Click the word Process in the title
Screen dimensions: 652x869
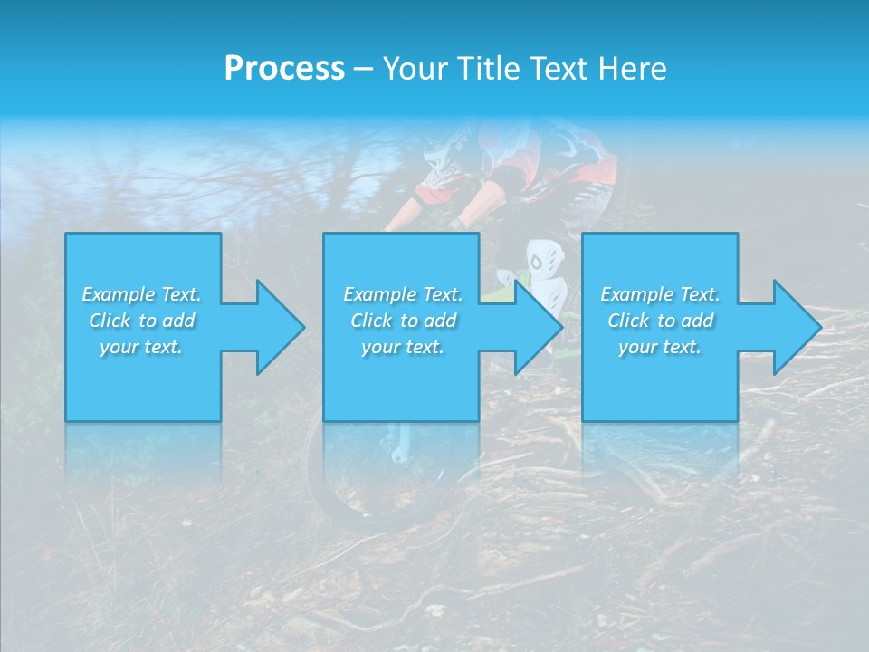point(284,68)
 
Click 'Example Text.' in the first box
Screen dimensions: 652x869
point(141,294)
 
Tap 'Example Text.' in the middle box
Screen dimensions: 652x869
point(403,294)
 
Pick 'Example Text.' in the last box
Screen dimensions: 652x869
point(660,294)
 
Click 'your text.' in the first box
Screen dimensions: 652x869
point(141,347)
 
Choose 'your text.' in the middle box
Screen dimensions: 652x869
point(403,347)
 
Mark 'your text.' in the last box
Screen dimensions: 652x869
point(660,347)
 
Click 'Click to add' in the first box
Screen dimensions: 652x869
point(141,321)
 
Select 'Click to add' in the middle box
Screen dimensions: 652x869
point(403,321)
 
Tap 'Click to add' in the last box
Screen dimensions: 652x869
point(660,321)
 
